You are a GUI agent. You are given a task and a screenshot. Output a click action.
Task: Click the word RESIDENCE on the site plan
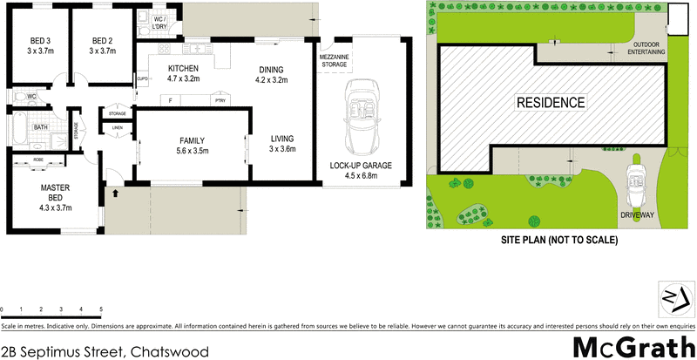551,102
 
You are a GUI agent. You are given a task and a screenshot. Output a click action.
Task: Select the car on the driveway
636,179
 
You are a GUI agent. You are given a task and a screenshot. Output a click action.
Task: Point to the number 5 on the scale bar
101,309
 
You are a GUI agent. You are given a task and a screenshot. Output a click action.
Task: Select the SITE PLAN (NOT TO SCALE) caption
558,240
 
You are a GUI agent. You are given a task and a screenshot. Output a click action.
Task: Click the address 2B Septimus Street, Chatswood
98,351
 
